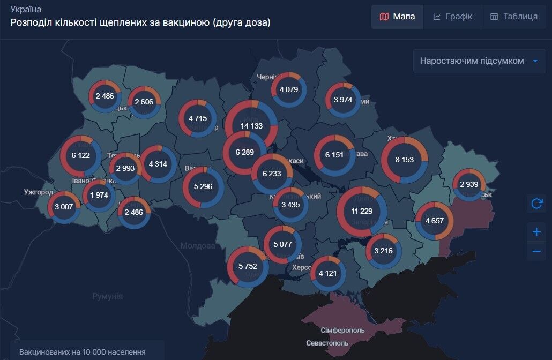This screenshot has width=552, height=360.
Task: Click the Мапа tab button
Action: (397, 17)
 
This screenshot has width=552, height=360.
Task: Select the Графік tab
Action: (452, 17)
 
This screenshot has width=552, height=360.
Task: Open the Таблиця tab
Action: (513, 17)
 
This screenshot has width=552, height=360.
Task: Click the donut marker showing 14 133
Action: (251, 126)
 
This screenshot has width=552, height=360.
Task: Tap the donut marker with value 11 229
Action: (362, 211)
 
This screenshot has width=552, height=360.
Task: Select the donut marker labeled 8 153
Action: (405, 160)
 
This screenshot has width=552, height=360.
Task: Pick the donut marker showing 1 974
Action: (99, 195)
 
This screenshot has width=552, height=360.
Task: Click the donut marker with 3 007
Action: (64, 207)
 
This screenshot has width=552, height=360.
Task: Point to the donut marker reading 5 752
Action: (248, 266)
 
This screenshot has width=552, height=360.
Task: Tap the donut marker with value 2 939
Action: (469, 185)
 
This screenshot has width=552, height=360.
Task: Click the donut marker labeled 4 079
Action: (289, 89)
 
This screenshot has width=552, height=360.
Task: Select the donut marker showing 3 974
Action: (343, 100)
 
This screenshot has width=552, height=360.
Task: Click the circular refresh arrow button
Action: (536, 204)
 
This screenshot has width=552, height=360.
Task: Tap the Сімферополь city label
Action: (342, 329)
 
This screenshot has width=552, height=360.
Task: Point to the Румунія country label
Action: (107, 296)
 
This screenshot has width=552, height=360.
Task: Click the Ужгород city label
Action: (39, 192)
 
